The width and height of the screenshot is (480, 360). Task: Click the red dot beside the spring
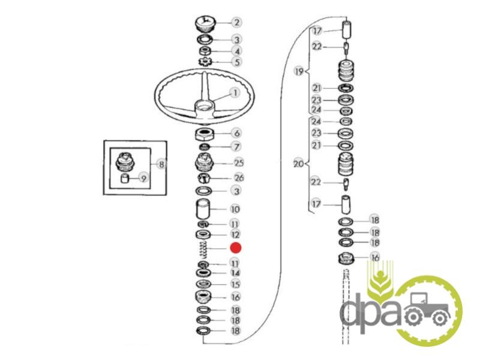click(236, 248)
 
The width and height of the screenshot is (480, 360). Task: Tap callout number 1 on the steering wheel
click(235, 93)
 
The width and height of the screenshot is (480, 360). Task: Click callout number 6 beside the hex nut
click(236, 133)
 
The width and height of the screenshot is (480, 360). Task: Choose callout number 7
click(236, 146)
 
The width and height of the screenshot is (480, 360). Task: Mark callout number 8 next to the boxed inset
click(160, 163)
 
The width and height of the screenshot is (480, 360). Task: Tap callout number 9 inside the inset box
click(143, 177)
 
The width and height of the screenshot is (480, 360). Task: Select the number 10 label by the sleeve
click(235, 209)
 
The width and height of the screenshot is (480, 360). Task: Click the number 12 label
click(235, 234)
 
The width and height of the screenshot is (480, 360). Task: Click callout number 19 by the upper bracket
click(299, 71)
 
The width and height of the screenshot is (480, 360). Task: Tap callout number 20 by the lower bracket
click(298, 163)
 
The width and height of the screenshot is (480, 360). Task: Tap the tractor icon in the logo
click(428, 310)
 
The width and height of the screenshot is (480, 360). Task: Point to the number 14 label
click(236, 274)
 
